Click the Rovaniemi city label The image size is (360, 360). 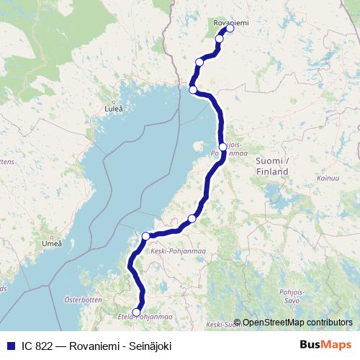231,23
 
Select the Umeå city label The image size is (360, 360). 52,243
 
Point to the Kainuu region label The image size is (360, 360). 328,177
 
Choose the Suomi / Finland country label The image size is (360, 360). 272,166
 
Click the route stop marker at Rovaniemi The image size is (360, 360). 230,30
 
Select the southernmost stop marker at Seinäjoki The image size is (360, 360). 137,312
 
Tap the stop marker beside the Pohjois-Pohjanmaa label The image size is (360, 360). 223,147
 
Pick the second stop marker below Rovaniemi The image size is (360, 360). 199,62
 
